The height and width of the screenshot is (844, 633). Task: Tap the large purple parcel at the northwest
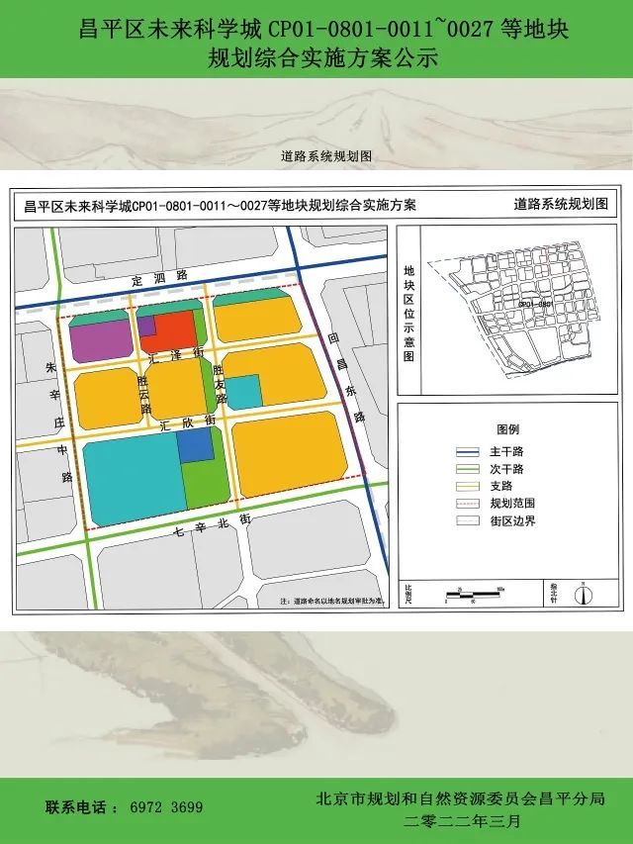click(x=98, y=340)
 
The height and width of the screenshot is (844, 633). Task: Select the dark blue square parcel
click(x=196, y=446)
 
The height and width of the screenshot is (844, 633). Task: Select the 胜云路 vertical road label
click(x=144, y=394)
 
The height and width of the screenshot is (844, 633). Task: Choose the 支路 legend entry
click(x=500, y=486)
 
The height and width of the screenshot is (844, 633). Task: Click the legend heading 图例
click(x=507, y=430)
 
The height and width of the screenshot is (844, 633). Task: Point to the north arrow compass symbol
click(x=584, y=595)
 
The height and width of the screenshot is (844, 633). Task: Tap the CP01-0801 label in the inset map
click(x=534, y=304)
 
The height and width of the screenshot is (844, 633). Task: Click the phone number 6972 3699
click(x=166, y=807)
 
